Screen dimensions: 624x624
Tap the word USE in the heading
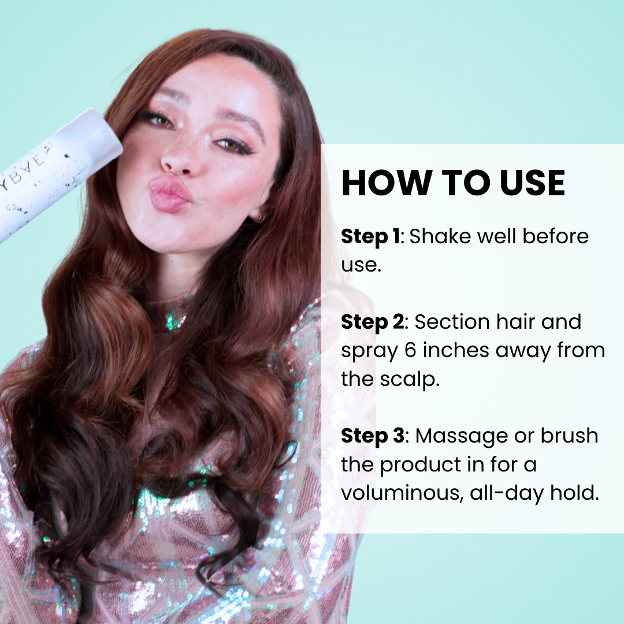[x=532, y=183]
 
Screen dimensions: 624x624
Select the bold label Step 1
[x=370, y=237]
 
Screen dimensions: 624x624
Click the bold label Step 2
[x=373, y=322]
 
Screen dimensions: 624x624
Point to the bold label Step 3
[x=373, y=436]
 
